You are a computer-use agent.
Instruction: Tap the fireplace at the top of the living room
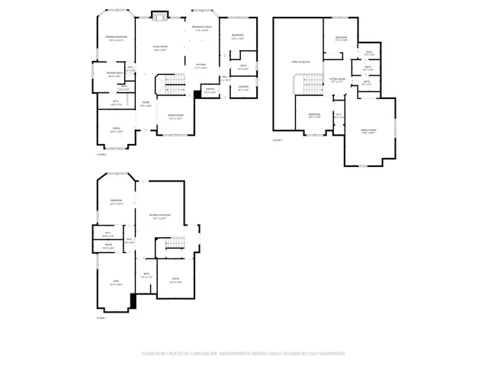159,14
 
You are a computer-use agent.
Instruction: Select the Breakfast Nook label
201,27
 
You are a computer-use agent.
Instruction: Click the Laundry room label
243,87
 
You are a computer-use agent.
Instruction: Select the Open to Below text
300,61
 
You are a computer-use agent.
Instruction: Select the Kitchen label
201,66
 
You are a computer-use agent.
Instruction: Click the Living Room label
159,48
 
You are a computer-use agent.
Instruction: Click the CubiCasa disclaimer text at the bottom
244,354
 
